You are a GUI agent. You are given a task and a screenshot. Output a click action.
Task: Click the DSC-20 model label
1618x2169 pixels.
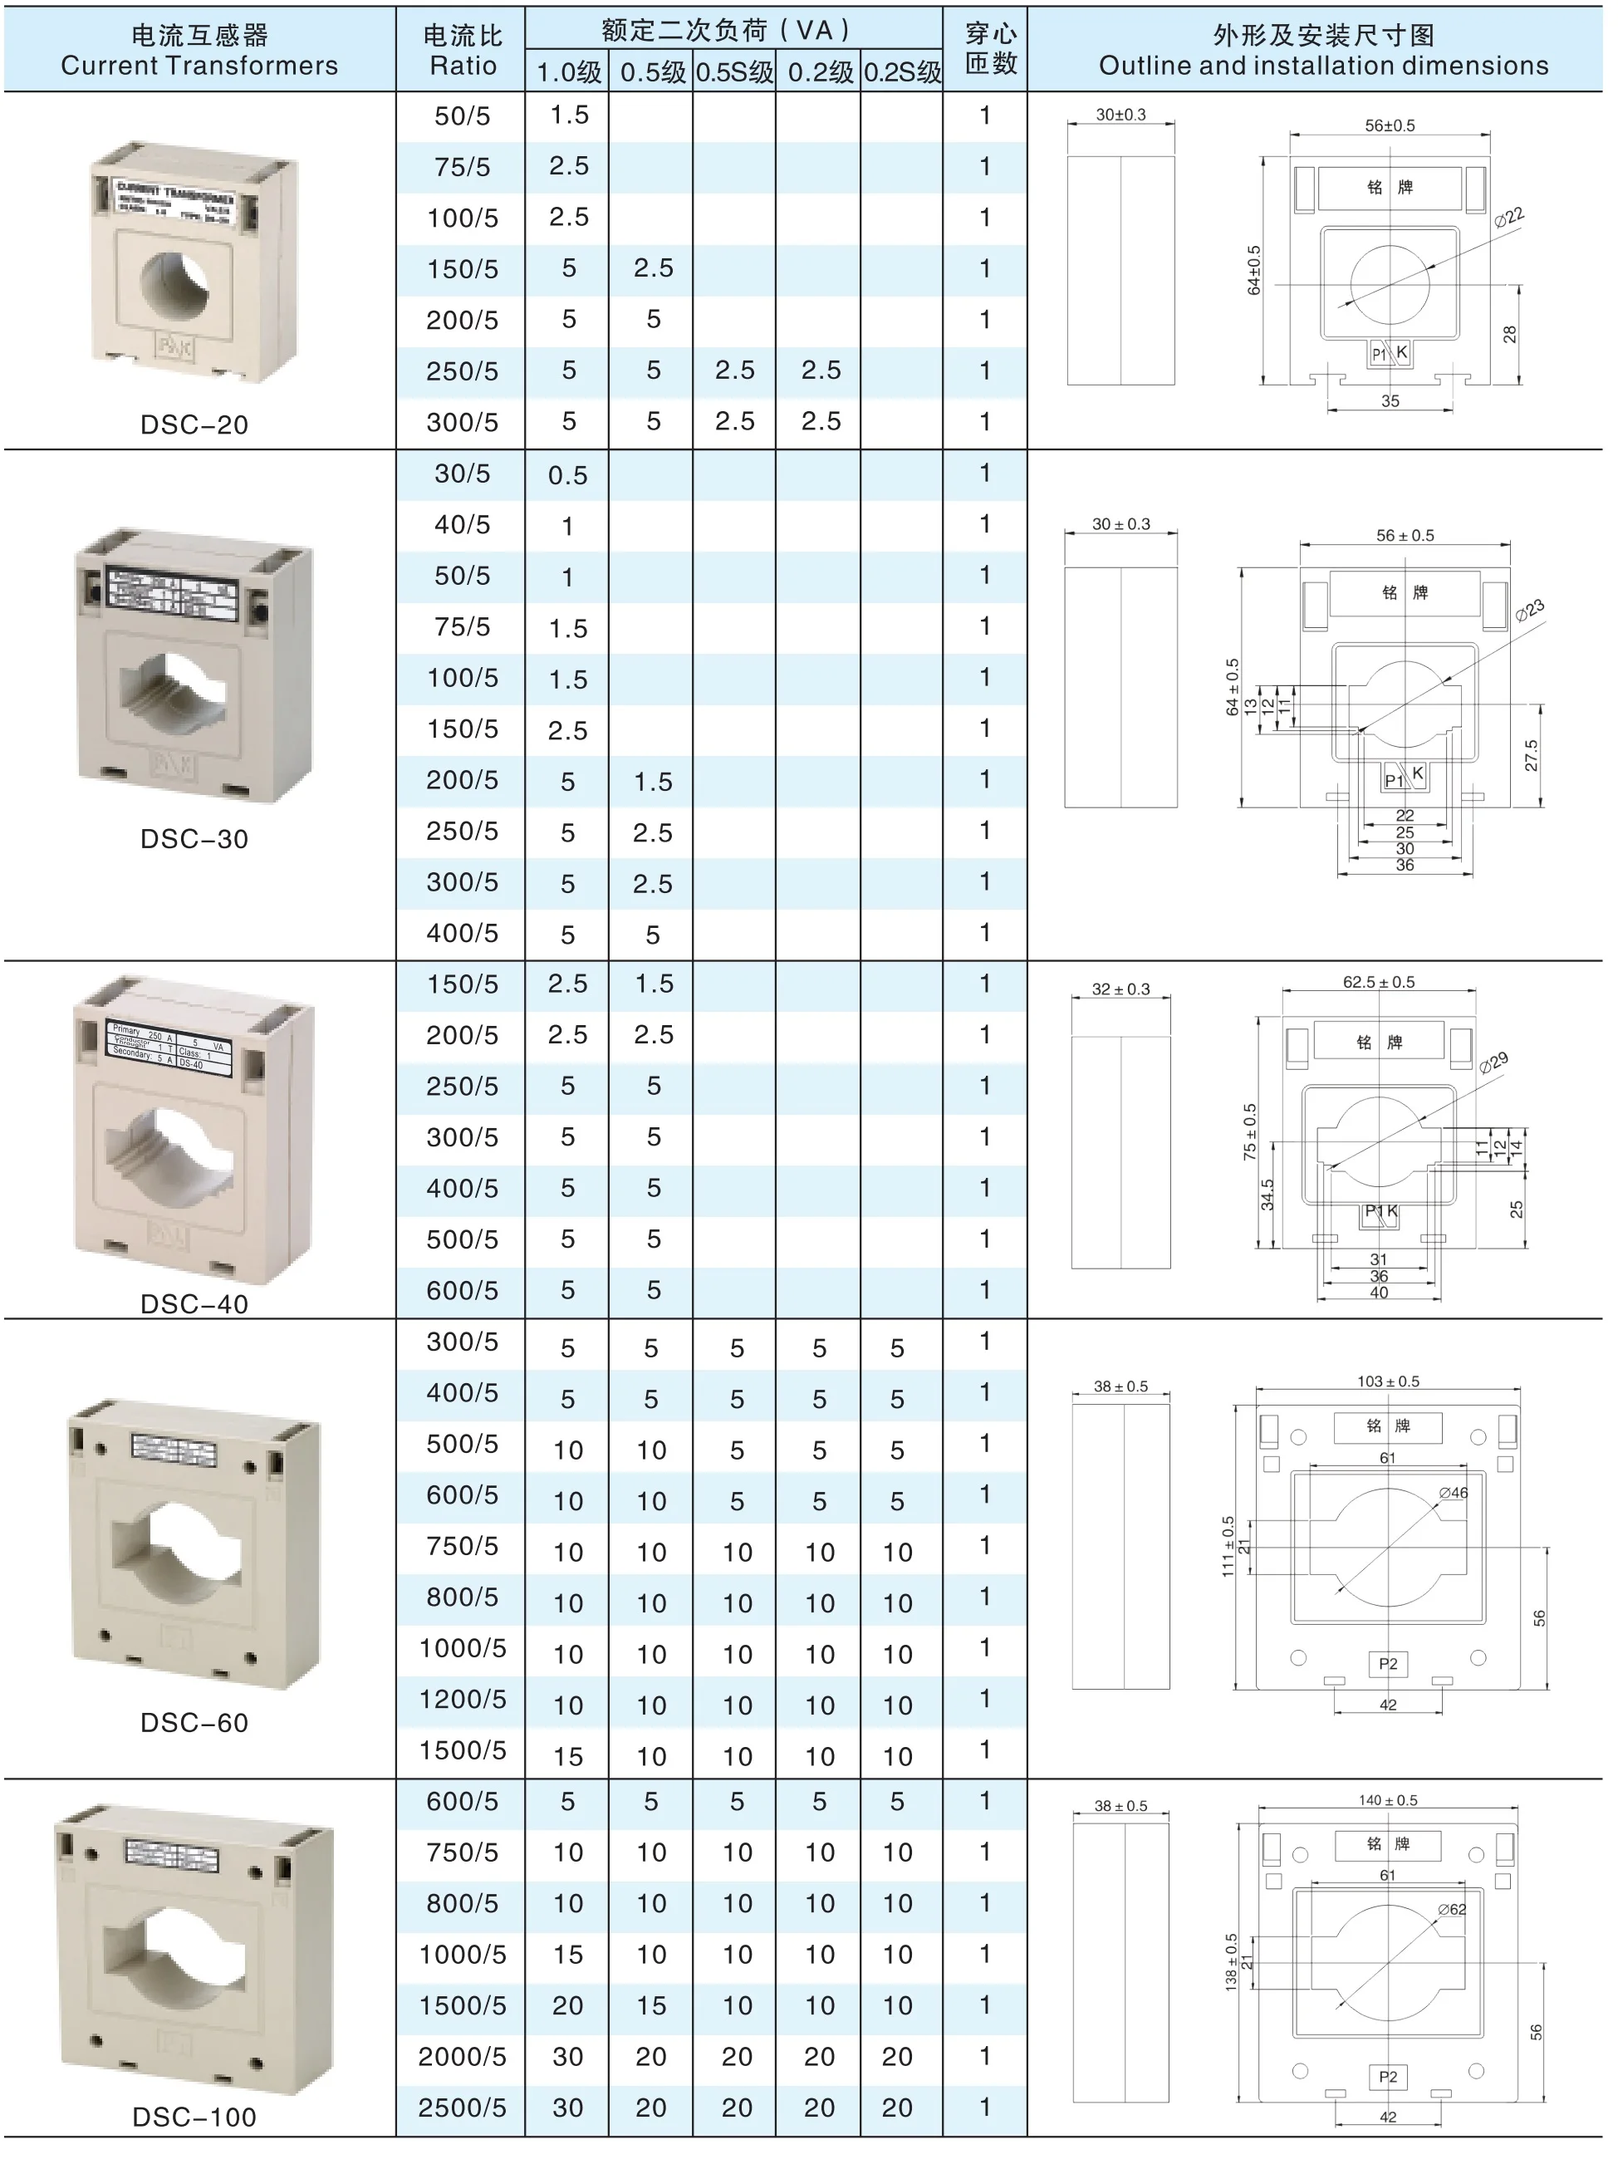pyautogui.click(x=194, y=424)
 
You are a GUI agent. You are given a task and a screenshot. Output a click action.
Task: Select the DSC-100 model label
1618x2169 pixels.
pyautogui.click(x=194, y=2116)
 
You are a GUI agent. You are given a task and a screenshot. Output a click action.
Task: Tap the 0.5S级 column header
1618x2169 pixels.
pyautogui.click(x=733, y=72)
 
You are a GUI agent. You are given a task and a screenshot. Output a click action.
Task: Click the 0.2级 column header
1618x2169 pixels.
pyautogui.click(x=820, y=72)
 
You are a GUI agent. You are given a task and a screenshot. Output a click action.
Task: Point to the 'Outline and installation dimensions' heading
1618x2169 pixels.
pyautogui.click(x=1323, y=66)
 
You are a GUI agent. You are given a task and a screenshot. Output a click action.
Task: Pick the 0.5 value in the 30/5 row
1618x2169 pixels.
pyautogui.click(x=567, y=476)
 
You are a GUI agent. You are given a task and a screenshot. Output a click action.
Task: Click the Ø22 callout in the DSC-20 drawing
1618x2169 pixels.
pyautogui.click(x=1509, y=217)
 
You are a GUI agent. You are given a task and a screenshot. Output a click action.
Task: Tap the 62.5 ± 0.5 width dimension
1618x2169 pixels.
pyautogui.click(x=1378, y=982)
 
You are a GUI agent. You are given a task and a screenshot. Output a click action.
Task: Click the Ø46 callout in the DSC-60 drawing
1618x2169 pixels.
pyautogui.click(x=1454, y=1493)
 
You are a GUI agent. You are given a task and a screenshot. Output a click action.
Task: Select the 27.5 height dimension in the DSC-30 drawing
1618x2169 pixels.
pyautogui.click(x=1531, y=754)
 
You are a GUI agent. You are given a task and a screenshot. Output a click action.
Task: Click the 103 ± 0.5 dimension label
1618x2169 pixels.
pyautogui.click(x=1388, y=1381)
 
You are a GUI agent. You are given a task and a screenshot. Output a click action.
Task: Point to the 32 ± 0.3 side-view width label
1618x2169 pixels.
pyautogui.click(x=1120, y=989)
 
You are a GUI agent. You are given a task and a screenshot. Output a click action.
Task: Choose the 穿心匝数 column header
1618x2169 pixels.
pyautogui.click(x=989, y=49)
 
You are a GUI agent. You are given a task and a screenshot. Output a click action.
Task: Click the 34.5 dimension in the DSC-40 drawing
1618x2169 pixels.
pyautogui.click(x=1267, y=1195)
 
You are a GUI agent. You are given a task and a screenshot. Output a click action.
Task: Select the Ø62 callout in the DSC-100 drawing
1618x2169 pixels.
pyautogui.click(x=1452, y=1909)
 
